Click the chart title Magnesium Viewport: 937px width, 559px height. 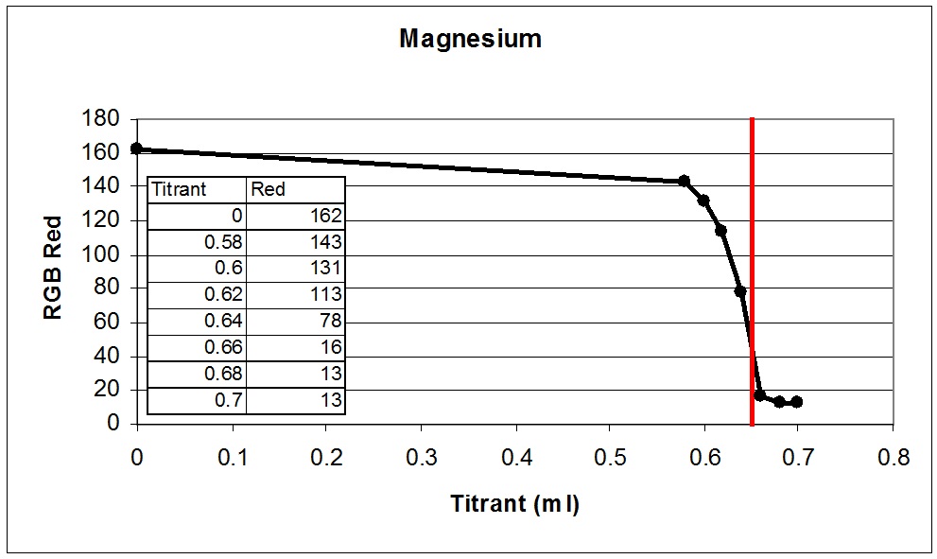[470, 39]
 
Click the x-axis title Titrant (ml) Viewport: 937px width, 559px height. [514, 503]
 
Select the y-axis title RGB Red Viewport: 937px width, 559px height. [54, 271]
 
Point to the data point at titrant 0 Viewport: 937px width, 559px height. [137, 148]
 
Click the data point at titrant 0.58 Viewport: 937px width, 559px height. [685, 181]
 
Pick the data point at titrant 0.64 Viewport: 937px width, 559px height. [740, 291]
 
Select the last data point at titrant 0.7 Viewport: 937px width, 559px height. [797, 402]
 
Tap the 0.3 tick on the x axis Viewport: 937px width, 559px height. [421, 459]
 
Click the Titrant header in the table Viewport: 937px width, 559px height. [179, 189]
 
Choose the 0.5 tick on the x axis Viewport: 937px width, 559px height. [610, 459]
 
